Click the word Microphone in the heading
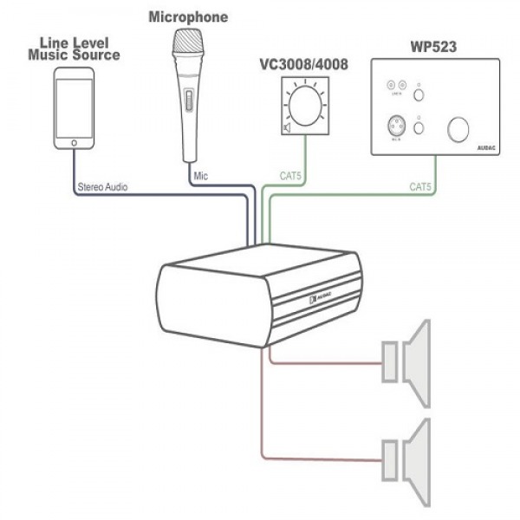[188, 16]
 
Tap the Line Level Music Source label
[74, 49]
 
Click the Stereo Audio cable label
[103, 186]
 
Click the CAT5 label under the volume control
[290, 176]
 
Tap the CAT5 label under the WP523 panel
[421, 186]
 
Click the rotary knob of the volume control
[306, 107]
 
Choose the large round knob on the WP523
[458, 128]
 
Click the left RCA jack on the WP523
[392, 85]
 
